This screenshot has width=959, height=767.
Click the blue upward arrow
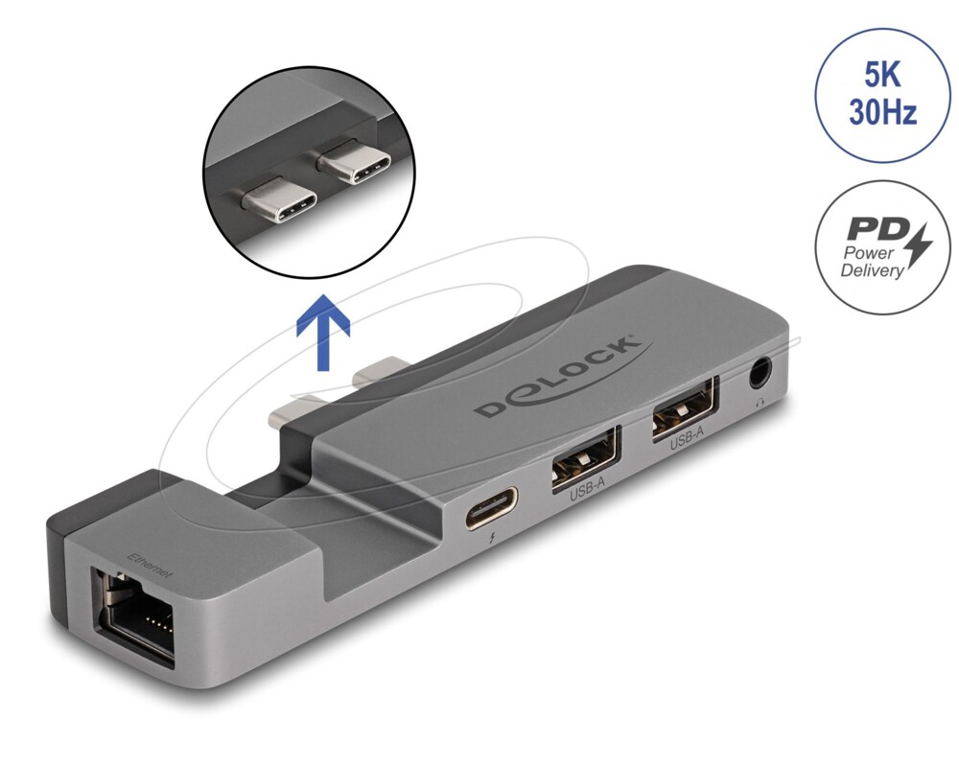[323, 332]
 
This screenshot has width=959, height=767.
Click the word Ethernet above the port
[150, 565]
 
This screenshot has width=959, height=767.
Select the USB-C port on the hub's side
[491, 507]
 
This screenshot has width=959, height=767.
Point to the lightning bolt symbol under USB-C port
[493, 540]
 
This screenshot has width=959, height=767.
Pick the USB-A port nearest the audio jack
[685, 408]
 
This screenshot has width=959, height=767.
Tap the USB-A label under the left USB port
[587, 489]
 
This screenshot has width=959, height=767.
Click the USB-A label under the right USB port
[687, 438]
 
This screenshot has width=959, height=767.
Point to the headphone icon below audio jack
[760, 402]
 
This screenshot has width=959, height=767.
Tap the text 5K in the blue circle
[881, 76]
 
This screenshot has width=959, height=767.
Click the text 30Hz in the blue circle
[882, 112]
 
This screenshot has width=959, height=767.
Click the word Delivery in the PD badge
[871, 269]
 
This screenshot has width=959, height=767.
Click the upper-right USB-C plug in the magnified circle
[354, 161]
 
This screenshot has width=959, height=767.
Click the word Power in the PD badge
[869, 252]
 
